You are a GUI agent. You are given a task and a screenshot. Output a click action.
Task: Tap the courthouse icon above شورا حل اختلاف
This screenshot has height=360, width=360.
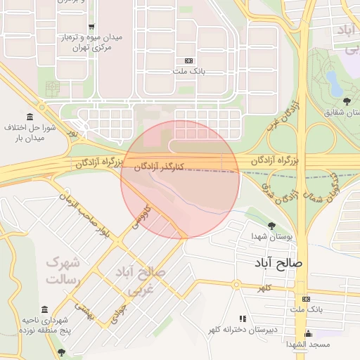29,116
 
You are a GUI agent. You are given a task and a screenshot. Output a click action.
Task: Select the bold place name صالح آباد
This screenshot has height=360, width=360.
279,262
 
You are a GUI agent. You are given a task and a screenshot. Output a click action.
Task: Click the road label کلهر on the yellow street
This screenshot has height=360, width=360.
264,288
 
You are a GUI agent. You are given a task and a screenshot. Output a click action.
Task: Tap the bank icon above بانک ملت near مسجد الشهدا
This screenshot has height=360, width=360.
305,299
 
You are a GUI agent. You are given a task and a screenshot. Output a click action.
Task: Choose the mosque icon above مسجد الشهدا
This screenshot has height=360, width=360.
308,333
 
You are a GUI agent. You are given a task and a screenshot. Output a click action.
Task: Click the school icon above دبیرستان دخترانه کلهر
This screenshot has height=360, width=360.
243,319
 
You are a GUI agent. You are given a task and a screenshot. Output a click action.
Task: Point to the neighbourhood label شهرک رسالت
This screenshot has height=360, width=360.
64,271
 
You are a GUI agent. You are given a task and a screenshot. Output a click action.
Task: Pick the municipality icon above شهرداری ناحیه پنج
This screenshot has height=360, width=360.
45,310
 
